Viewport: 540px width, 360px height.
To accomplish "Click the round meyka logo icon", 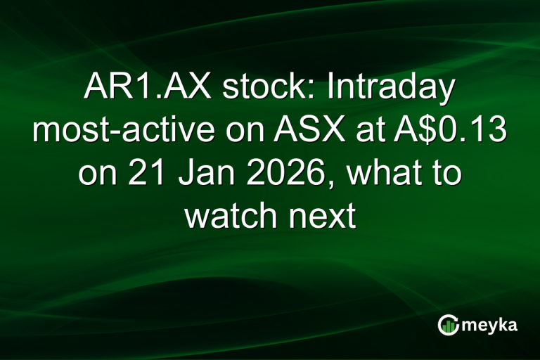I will tap(449, 324).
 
